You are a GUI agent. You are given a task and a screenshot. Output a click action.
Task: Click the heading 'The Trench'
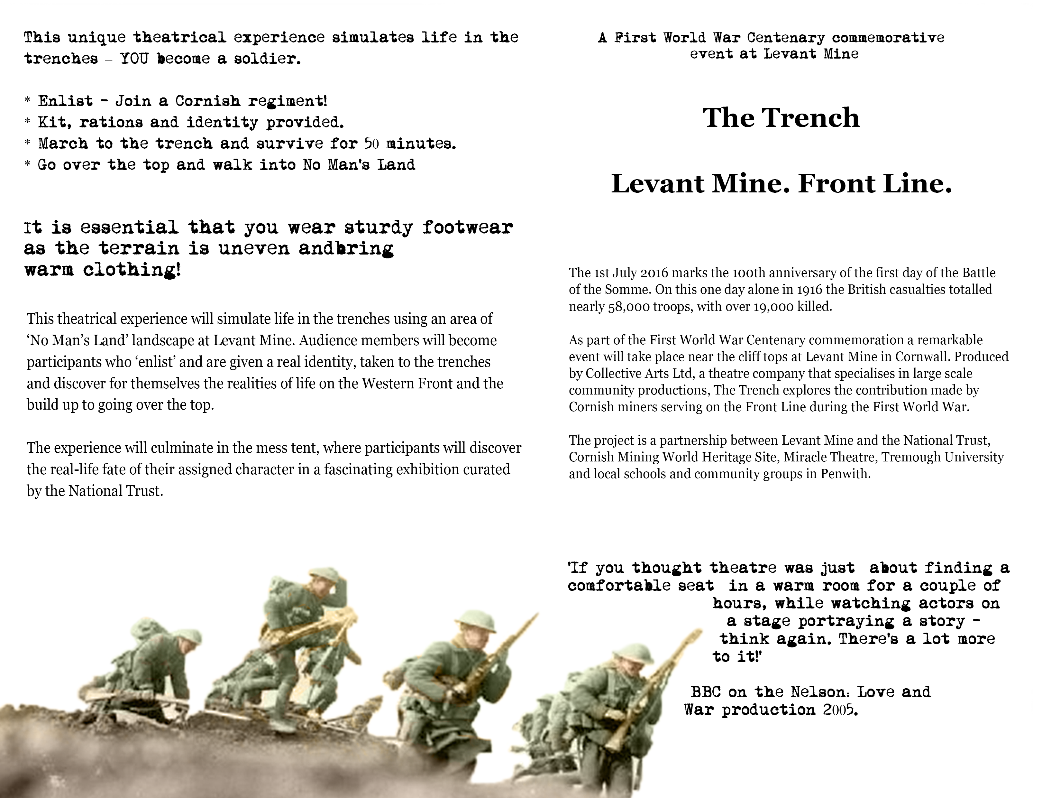coord(781,118)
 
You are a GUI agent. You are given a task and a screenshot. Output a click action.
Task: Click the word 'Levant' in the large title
coord(657,184)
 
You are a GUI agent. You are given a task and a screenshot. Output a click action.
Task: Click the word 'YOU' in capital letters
coord(134,59)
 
